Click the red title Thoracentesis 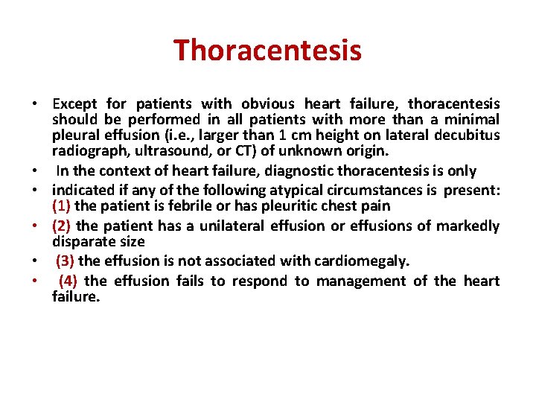(267, 51)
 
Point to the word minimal (472, 120)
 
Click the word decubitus (467, 135)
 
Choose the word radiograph (84, 151)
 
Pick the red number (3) (66, 261)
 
